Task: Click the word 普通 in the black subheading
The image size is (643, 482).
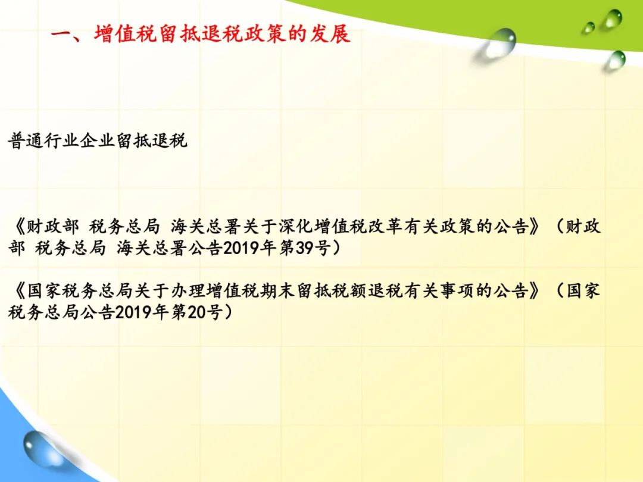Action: pos(26,140)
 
